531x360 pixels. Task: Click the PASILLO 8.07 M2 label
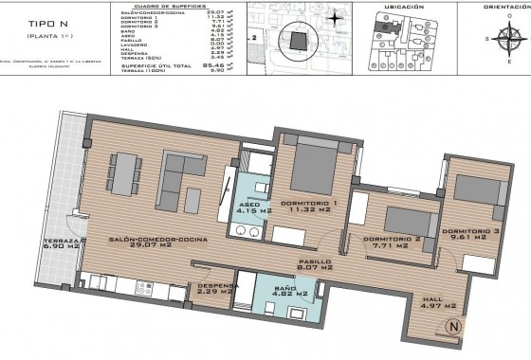tap(314, 266)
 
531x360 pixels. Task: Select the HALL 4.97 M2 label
tap(439, 303)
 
